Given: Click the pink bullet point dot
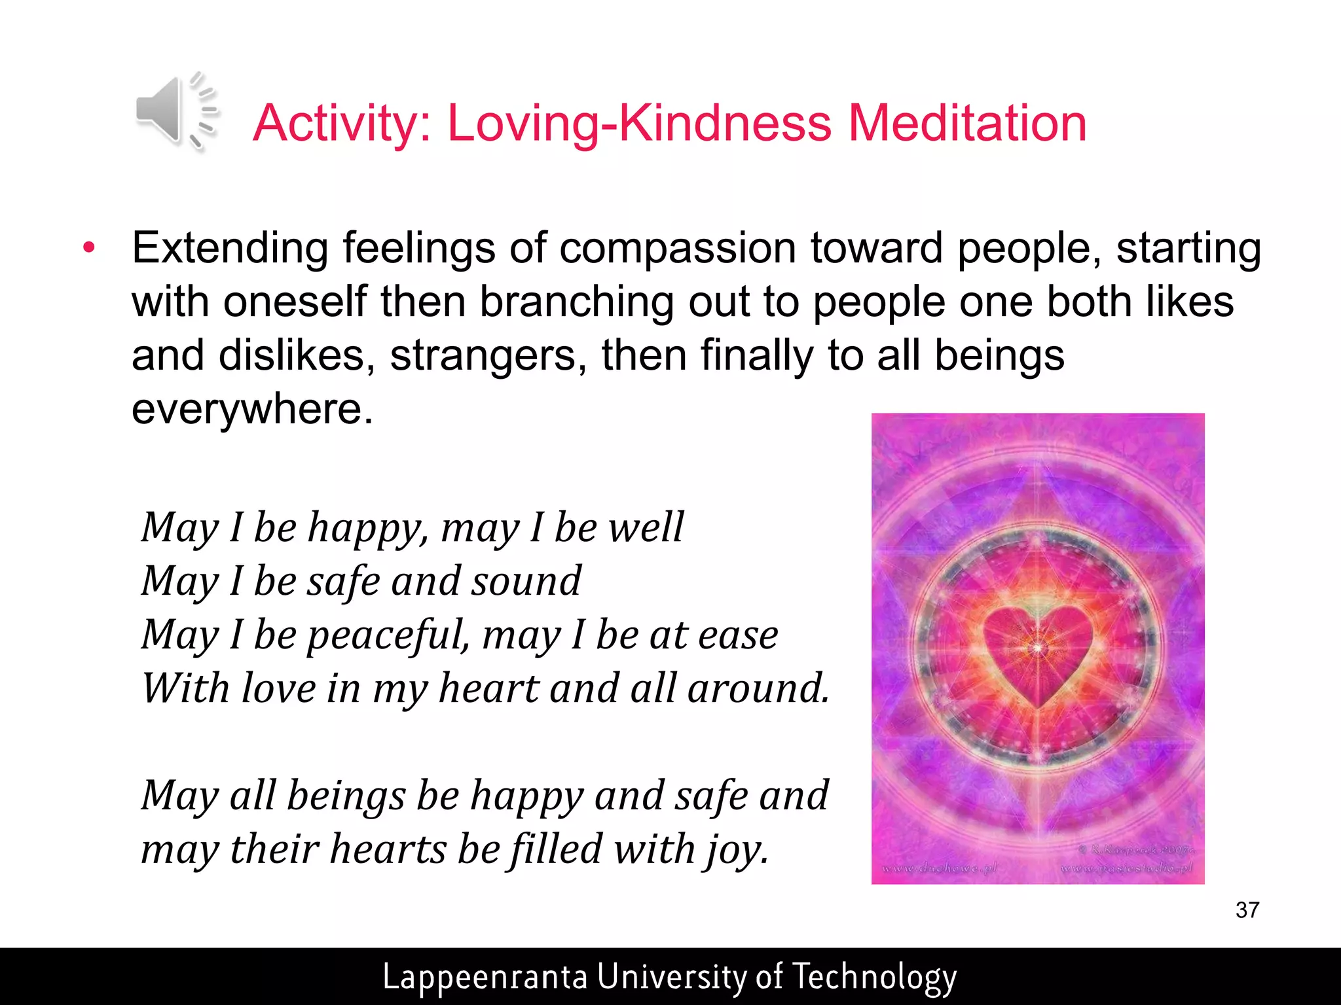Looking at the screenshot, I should pos(89,249).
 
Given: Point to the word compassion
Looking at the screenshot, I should pos(678,249).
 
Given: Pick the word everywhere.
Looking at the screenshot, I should pos(252,409).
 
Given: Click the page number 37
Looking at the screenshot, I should pos(1247,910).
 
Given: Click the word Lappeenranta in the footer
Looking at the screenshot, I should pos(485,977).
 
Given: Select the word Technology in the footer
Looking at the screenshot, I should pos(874,977).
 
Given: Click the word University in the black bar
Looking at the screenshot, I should pos(672,977).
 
